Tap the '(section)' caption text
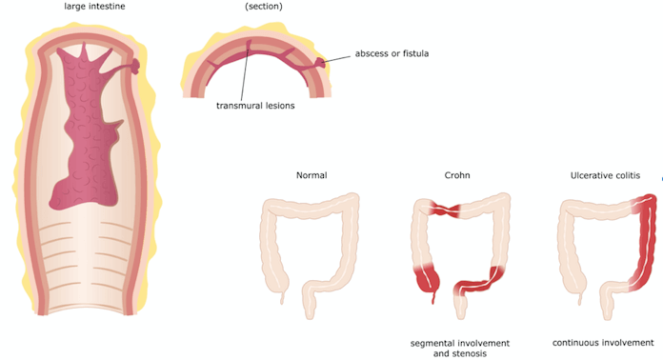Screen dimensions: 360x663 [264, 7]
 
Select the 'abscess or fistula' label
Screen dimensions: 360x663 [391, 53]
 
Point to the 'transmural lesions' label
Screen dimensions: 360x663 [254, 106]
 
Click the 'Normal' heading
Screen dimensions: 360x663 [311, 175]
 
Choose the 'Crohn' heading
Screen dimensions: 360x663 [457, 175]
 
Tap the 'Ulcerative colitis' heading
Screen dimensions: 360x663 [607, 175]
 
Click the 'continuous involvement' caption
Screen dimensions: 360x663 [603, 342]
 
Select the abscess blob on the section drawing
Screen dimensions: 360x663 [327, 63]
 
